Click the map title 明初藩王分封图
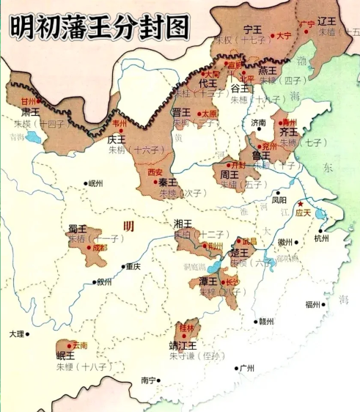point(99,26)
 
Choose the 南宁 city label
point(149,380)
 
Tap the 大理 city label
point(17,334)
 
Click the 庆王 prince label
point(117,138)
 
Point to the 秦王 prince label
point(168,182)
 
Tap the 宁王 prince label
point(253,29)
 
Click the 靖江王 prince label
point(183,345)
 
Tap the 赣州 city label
point(265,321)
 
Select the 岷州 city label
point(96,183)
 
